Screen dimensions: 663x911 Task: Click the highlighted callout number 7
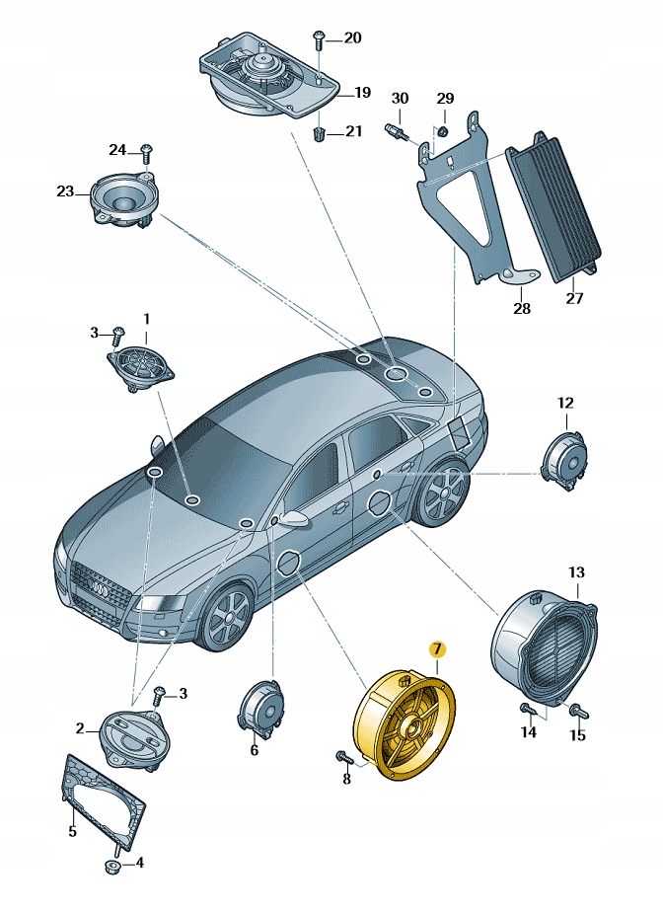click(437, 649)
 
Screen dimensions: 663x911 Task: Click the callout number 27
click(574, 298)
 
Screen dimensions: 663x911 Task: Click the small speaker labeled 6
click(261, 708)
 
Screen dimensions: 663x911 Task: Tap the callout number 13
click(576, 572)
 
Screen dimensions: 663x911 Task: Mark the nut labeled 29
click(442, 130)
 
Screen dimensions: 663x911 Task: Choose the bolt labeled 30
click(396, 132)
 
